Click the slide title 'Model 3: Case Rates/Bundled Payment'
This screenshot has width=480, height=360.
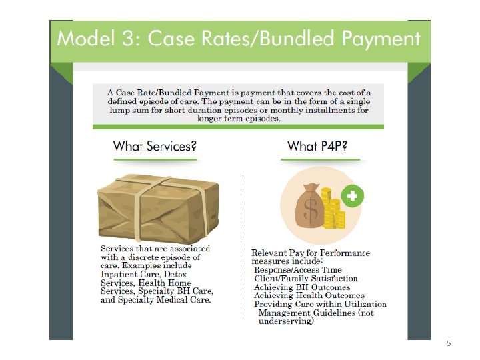[x=239, y=38]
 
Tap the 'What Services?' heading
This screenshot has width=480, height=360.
[x=155, y=145]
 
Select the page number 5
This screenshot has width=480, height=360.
[x=449, y=343]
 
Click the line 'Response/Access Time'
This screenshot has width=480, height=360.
[x=297, y=269]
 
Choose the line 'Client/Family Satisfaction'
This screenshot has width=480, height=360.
[x=305, y=278]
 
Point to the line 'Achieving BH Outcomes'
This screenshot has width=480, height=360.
[x=302, y=287]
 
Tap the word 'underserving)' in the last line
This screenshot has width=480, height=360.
[x=285, y=321]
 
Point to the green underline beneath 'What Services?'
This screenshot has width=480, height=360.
[x=155, y=159]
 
